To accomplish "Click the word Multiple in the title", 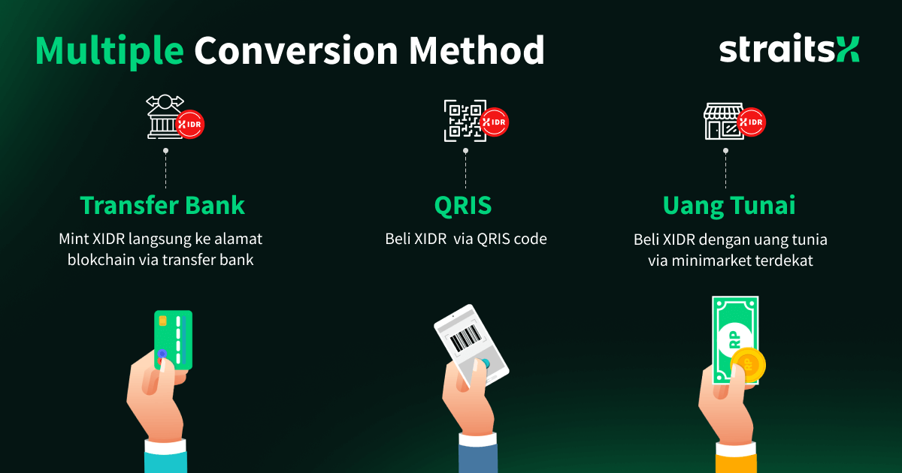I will tap(110, 50).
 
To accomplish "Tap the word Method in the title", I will tap(477, 50).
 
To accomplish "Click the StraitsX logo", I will tap(788, 50).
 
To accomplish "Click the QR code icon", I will tap(461, 119).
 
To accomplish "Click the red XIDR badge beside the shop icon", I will tap(751, 122).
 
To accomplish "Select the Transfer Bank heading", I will tap(162, 206).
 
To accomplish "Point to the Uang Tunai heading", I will tap(728, 206).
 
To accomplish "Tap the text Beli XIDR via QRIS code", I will tap(465, 240).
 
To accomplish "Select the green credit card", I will tap(174, 339).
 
